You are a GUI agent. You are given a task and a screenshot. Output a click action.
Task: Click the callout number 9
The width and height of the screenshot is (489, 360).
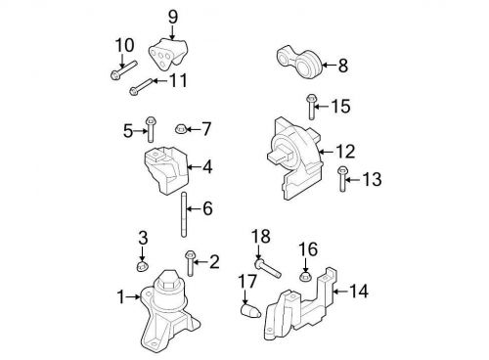click(173, 16)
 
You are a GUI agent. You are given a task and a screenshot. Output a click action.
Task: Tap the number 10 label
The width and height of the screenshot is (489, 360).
click(123, 44)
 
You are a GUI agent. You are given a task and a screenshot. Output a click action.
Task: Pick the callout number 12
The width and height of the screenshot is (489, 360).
click(345, 152)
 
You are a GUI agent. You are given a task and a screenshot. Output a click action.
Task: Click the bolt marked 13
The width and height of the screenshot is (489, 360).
click(341, 180)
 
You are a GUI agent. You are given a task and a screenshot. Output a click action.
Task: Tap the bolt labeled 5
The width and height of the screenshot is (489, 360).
click(152, 127)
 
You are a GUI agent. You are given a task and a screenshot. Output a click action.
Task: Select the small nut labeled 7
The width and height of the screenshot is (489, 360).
click(180, 128)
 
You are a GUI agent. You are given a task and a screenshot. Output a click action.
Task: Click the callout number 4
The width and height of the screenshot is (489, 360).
click(207, 167)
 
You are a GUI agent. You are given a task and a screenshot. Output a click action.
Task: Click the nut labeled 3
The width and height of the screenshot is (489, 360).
click(141, 265)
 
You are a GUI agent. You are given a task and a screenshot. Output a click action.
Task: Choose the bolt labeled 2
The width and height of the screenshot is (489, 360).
click(191, 261)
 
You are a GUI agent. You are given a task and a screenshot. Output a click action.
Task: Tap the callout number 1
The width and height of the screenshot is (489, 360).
click(121, 296)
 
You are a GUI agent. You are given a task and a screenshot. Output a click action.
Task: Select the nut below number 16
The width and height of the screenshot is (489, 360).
click(305, 277)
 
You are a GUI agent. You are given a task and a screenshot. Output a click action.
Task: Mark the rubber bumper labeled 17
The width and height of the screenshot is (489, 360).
click(249, 314)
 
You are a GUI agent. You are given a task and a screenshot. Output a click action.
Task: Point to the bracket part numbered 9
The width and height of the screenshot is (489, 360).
click(168, 53)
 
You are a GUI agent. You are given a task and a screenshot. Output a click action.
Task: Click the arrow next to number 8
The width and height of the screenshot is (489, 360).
click(329, 66)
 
